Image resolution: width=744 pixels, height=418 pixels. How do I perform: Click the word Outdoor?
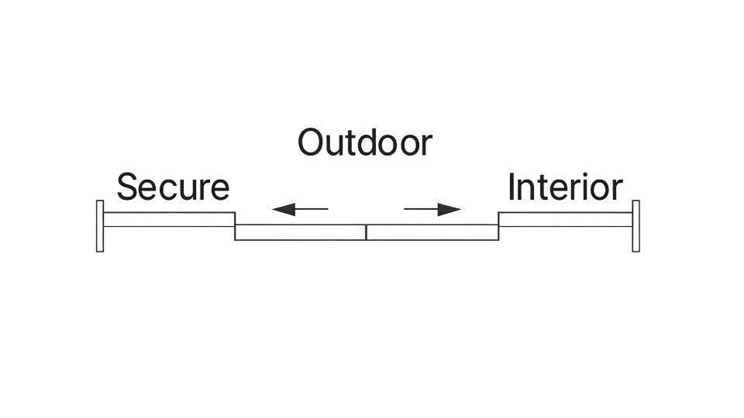[x=364, y=142]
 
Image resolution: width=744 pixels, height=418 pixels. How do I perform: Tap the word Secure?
[x=173, y=188]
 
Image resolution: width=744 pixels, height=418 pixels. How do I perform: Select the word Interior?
[x=564, y=188]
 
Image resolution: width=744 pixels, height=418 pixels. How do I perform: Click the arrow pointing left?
[x=300, y=209]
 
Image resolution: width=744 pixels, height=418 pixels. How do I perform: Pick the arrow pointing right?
[x=432, y=209]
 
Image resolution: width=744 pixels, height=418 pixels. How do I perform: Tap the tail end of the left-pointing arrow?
[x=326, y=209]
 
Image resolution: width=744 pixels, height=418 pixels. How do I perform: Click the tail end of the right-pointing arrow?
[x=406, y=209]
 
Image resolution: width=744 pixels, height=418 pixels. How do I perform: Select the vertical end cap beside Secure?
[x=99, y=225]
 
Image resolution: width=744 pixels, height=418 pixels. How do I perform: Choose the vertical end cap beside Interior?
[x=635, y=225]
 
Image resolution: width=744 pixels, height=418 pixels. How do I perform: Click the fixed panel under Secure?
[x=169, y=219]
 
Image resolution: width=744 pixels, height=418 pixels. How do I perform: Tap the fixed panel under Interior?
[x=565, y=219]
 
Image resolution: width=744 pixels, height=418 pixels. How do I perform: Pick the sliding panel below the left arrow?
[x=301, y=232]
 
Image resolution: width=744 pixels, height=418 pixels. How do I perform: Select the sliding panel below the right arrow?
[x=432, y=232]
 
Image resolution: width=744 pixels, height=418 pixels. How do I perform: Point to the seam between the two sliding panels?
[x=367, y=232]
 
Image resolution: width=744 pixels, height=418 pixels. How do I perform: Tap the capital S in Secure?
[x=126, y=188]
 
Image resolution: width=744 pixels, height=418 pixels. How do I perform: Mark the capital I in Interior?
[x=511, y=188]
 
